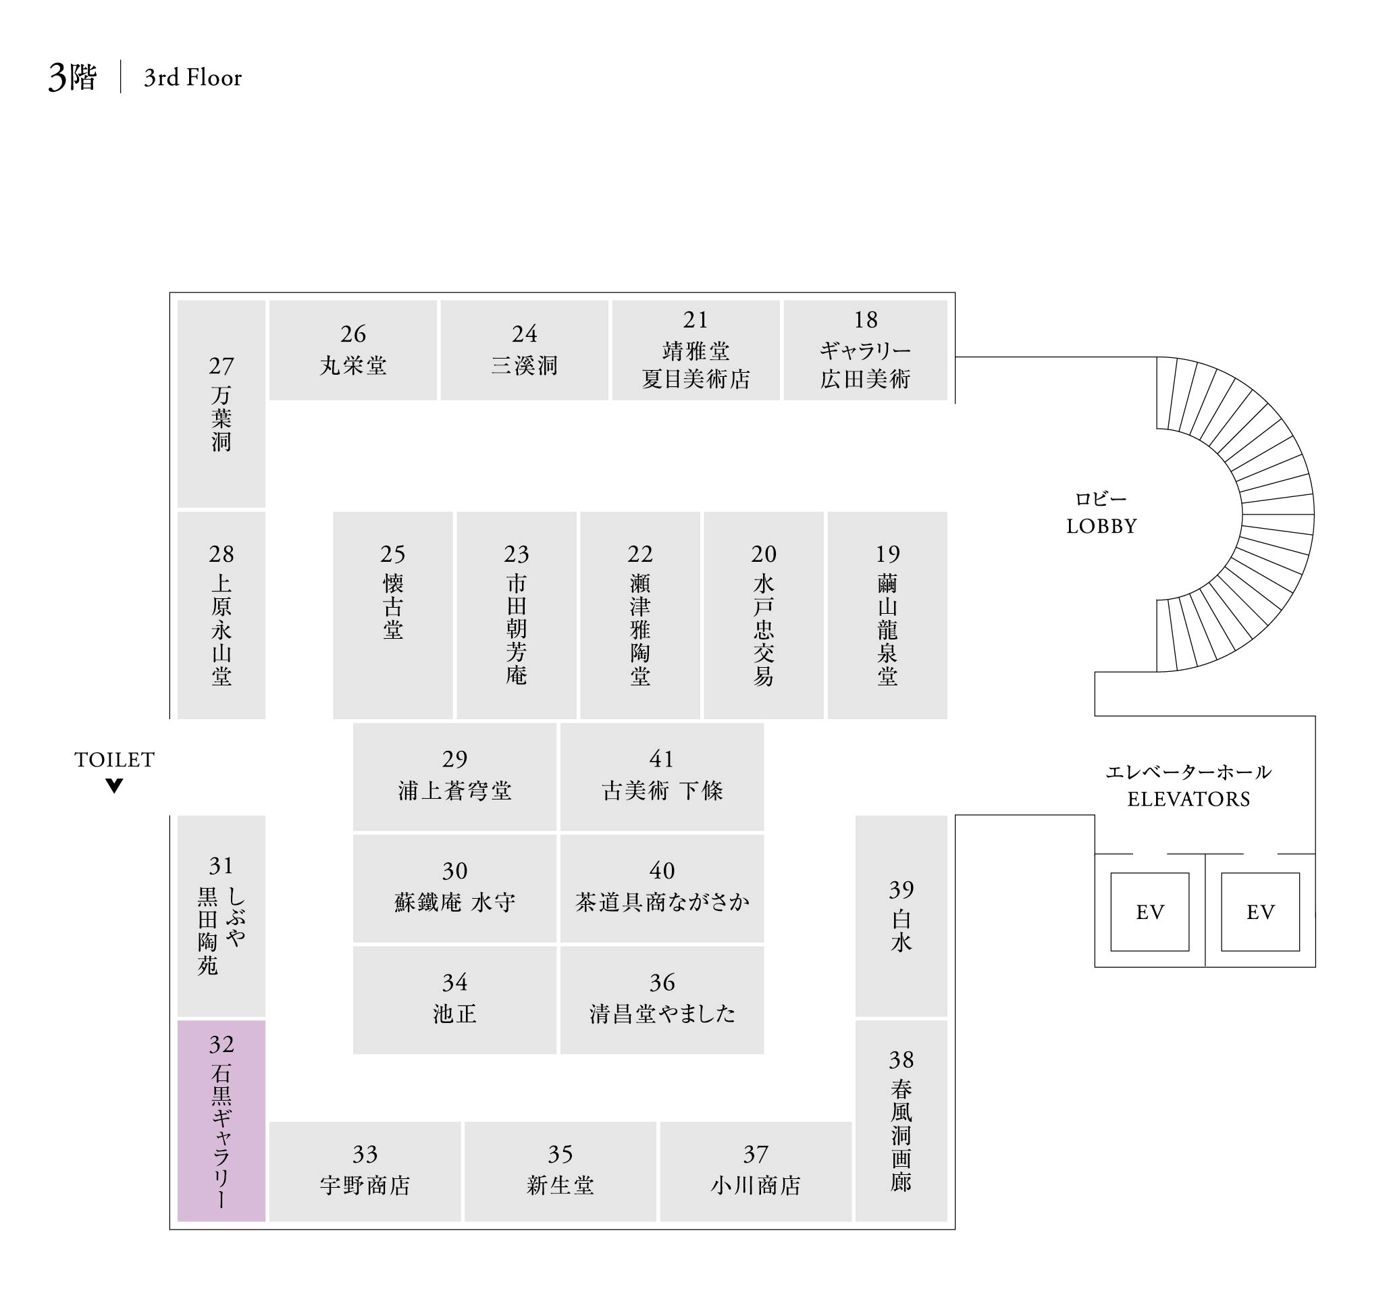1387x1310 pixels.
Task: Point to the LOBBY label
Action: tap(1101, 526)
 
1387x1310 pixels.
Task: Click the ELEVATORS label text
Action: tap(1188, 799)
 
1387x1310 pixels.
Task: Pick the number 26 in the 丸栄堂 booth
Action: tap(352, 334)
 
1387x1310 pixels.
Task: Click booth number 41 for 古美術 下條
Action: tap(661, 759)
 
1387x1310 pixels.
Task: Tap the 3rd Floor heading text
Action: tap(192, 78)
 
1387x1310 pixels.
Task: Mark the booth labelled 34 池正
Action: tap(454, 999)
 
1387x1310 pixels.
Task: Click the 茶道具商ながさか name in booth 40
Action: tap(662, 902)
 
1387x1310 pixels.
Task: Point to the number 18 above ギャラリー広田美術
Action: tap(865, 320)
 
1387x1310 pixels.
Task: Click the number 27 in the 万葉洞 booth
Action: tap(221, 366)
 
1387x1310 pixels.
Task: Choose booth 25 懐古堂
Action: tap(392, 614)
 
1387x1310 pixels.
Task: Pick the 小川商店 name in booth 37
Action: tap(756, 1186)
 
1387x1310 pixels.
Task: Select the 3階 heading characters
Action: tap(72, 78)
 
